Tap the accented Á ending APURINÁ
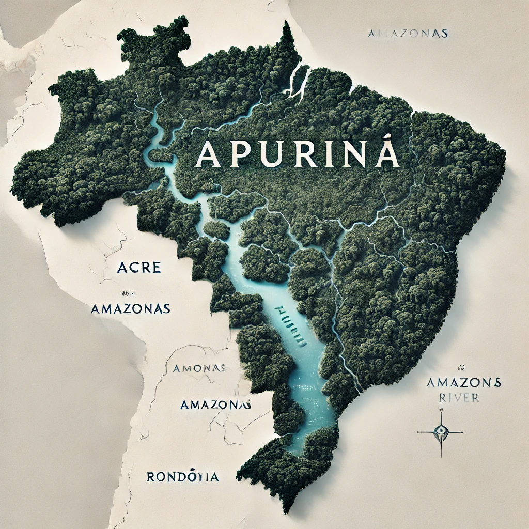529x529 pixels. coord(387,151)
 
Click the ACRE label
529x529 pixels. coord(139,268)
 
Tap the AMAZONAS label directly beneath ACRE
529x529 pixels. coord(130,308)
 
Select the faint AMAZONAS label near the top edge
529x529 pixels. coord(408,34)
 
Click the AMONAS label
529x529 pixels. coord(198,368)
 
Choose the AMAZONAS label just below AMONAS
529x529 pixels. coord(216,404)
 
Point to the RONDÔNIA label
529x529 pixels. coord(182,476)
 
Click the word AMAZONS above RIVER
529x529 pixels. coord(463,383)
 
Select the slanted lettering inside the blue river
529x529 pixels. coord(291,324)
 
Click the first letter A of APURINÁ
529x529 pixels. coord(207,153)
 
